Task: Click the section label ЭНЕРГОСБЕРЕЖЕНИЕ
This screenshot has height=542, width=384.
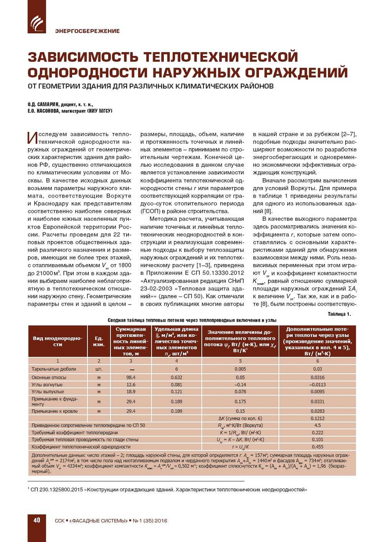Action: click(x=87, y=31)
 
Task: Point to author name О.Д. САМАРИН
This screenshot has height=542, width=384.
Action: click(x=43, y=104)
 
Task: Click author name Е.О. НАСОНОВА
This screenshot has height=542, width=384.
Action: click(x=43, y=111)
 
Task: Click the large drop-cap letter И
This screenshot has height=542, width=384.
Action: click(x=33, y=137)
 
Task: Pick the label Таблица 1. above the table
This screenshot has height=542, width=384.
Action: click(x=339, y=314)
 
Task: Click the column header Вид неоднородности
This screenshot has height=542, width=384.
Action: click(x=58, y=341)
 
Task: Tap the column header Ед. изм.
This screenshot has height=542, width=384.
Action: click(x=99, y=341)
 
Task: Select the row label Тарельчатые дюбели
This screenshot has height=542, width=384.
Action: click(x=54, y=369)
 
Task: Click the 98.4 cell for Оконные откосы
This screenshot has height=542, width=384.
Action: click(x=131, y=378)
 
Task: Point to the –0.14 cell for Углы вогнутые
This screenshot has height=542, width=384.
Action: click(x=240, y=385)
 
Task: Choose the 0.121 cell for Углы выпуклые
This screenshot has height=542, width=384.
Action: click(x=176, y=392)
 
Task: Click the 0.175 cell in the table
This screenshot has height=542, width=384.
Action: click(x=240, y=402)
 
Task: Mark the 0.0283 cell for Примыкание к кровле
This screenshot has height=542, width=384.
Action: click(x=317, y=411)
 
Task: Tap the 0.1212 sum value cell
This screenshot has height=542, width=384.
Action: click(x=317, y=418)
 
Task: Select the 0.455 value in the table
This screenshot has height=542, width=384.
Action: click(x=317, y=447)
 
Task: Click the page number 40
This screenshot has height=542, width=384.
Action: click(x=37, y=520)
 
